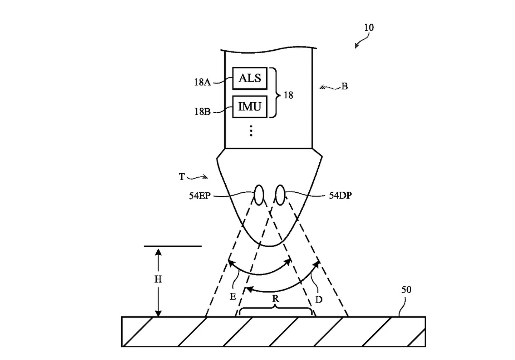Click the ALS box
tap(250, 78)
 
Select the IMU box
tap(250, 107)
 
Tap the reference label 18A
tap(202, 82)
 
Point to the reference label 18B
tap(202, 112)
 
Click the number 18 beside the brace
tap(288, 95)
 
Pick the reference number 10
tap(369, 28)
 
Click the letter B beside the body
tap(344, 86)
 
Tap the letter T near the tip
tap(182, 177)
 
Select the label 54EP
tap(200, 196)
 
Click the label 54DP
tap(340, 196)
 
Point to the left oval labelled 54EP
tap(259, 195)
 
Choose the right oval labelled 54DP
tap(280, 195)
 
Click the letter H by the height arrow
tap(158, 279)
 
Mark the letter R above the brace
tap(275, 299)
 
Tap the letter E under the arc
tap(233, 297)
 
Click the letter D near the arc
tap(318, 300)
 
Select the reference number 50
tap(406, 290)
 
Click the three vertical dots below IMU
tap(251, 131)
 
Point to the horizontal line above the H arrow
tap(173, 246)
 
